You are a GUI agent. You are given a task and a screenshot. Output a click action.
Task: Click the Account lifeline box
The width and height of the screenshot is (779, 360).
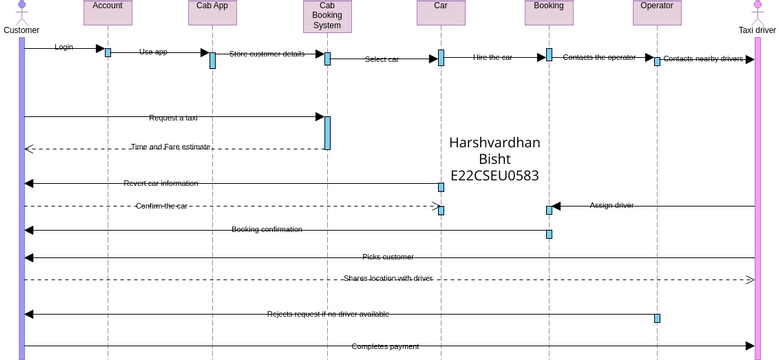click(108, 11)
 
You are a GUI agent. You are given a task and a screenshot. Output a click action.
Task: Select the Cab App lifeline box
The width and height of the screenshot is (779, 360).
click(212, 11)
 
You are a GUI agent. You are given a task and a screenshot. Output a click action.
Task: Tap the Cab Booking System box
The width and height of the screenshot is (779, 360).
click(327, 15)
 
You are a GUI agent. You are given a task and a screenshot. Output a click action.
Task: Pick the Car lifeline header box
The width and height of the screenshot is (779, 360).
click(441, 11)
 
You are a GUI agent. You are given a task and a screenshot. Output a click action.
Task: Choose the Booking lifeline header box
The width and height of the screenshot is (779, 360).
click(548, 11)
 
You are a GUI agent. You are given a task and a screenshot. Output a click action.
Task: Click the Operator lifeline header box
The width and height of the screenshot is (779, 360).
click(656, 11)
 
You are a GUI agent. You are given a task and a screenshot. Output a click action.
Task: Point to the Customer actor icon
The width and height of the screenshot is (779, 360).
click(21, 12)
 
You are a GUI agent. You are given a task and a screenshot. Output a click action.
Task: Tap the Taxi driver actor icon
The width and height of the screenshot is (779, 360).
click(757, 12)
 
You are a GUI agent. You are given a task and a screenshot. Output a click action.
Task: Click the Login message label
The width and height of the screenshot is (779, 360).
click(64, 47)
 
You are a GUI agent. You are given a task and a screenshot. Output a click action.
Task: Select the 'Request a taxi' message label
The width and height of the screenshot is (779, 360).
click(173, 118)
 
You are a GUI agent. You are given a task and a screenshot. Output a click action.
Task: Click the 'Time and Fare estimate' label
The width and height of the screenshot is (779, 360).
click(170, 147)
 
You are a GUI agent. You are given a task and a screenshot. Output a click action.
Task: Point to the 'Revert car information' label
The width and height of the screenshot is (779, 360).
click(161, 183)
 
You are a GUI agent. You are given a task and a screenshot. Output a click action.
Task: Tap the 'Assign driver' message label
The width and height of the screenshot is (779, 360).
click(611, 205)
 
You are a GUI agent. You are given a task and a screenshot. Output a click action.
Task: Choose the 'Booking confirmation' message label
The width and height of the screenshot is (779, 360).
click(267, 229)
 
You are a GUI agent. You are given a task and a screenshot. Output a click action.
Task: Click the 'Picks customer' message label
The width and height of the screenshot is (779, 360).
click(388, 257)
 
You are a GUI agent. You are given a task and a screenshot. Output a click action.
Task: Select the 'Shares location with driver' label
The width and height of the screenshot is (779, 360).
click(388, 278)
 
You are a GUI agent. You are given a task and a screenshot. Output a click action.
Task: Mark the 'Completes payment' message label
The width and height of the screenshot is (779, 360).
click(385, 346)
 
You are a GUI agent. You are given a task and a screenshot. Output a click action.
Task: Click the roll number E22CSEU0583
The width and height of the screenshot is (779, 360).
click(494, 176)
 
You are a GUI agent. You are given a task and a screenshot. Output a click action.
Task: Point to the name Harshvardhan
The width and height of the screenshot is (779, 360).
click(494, 143)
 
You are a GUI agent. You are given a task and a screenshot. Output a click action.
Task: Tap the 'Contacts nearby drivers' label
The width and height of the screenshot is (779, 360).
click(703, 59)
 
